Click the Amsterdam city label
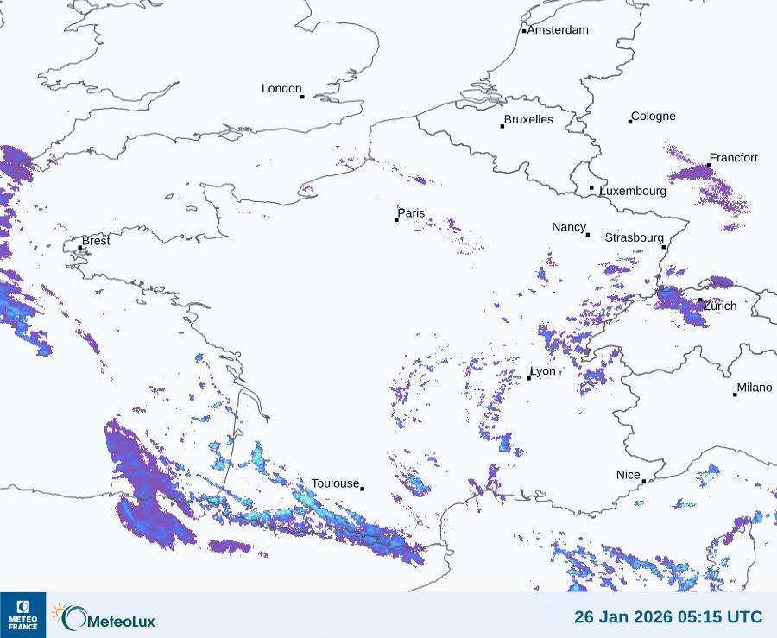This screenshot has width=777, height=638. point(558,30)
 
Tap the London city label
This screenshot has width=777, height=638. point(281,89)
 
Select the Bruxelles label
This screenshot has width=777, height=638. point(528,120)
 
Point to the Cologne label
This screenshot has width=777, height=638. point(654,117)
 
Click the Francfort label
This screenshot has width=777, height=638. point(733,158)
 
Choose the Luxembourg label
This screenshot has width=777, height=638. point(633,191)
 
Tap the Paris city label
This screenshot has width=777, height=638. point(411,213)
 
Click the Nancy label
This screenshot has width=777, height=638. point(569,227)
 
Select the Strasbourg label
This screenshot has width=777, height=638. point(634,237)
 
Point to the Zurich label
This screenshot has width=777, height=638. point(720,306)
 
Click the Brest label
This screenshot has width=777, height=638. point(96,241)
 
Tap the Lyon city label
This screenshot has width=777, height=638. point(543,371)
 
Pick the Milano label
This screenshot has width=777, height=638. point(755,388)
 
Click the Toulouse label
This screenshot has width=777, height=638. point(335,483)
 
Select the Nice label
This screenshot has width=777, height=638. point(628,476)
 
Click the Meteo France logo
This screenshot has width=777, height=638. point(22,615)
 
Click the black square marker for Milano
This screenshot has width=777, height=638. point(735,395)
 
